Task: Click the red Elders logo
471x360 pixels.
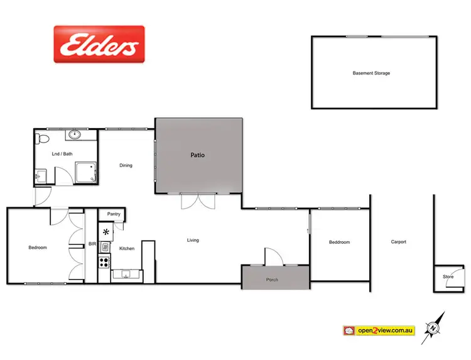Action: tap(99, 44)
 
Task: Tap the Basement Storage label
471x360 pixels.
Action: tap(371, 74)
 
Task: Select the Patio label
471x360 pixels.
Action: tap(198, 155)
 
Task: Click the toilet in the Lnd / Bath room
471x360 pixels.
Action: tap(42, 137)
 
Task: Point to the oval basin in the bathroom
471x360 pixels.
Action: tap(75, 134)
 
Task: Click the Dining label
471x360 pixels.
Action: tap(126, 166)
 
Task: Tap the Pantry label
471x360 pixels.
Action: tap(114, 214)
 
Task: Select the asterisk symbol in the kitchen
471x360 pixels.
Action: tap(106, 232)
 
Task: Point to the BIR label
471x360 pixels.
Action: tap(92, 243)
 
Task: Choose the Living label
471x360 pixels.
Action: tap(193, 240)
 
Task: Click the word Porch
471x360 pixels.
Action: tap(272, 280)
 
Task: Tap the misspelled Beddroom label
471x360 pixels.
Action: tap(339, 242)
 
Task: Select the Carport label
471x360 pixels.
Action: tap(398, 242)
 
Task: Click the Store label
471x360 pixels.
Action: tap(448, 276)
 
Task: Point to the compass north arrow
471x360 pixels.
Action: tap(434, 327)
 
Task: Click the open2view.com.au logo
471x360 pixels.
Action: tap(379, 330)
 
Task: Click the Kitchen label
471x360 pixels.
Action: tap(127, 249)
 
